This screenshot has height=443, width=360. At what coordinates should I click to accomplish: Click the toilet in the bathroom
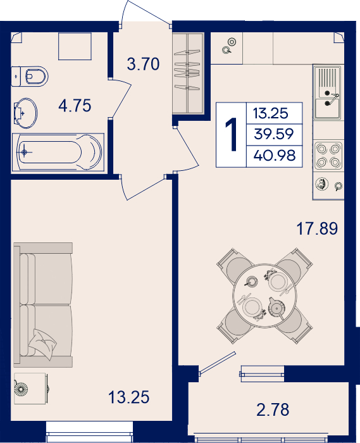(30, 77)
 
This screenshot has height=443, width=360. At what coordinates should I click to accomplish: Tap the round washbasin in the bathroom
(25, 113)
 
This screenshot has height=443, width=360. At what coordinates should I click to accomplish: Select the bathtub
(58, 153)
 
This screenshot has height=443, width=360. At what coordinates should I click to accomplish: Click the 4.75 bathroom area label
(75, 106)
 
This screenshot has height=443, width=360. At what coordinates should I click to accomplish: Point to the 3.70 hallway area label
(143, 64)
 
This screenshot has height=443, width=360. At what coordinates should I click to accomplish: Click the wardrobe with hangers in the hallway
(188, 73)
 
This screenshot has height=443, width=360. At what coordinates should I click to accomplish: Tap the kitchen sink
(328, 92)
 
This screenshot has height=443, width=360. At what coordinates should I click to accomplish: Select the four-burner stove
(328, 156)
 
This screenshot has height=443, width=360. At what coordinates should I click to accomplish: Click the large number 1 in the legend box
(232, 135)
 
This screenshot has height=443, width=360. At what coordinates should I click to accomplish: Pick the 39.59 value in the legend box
(274, 134)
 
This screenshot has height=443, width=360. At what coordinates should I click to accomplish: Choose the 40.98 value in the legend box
(275, 156)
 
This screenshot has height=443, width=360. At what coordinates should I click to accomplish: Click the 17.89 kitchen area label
(317, 228)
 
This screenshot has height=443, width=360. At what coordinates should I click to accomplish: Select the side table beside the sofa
(30, 389)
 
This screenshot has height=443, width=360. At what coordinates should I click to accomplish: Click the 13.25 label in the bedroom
(129, 397)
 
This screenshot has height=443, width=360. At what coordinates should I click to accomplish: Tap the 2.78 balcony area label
(273, 410)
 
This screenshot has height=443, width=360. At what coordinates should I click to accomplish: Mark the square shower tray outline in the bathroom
(75, 46)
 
